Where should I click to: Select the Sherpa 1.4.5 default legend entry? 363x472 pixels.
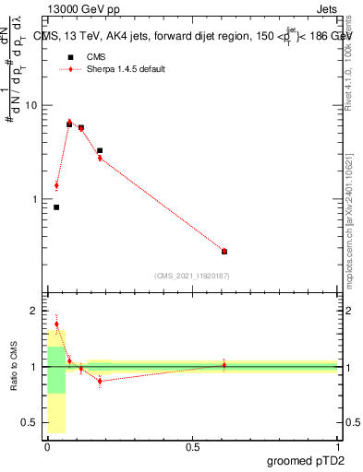(x=127, y=69)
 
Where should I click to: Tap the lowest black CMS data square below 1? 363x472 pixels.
(x=56, y=207)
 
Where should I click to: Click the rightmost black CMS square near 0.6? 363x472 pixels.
(x=224, y=251)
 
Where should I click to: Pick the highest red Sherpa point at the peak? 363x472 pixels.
(x=69, y=122)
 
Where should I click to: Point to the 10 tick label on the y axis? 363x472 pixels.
(x=30, y=106)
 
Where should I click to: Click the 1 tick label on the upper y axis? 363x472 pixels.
(x=32, y=199)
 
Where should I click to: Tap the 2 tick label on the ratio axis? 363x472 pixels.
(x=32, y=312)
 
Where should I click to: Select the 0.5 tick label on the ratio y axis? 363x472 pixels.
(x=28, y=422)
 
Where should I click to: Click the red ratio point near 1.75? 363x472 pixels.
(x=56, y=324)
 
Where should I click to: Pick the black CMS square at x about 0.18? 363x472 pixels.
(x=100, y=150)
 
